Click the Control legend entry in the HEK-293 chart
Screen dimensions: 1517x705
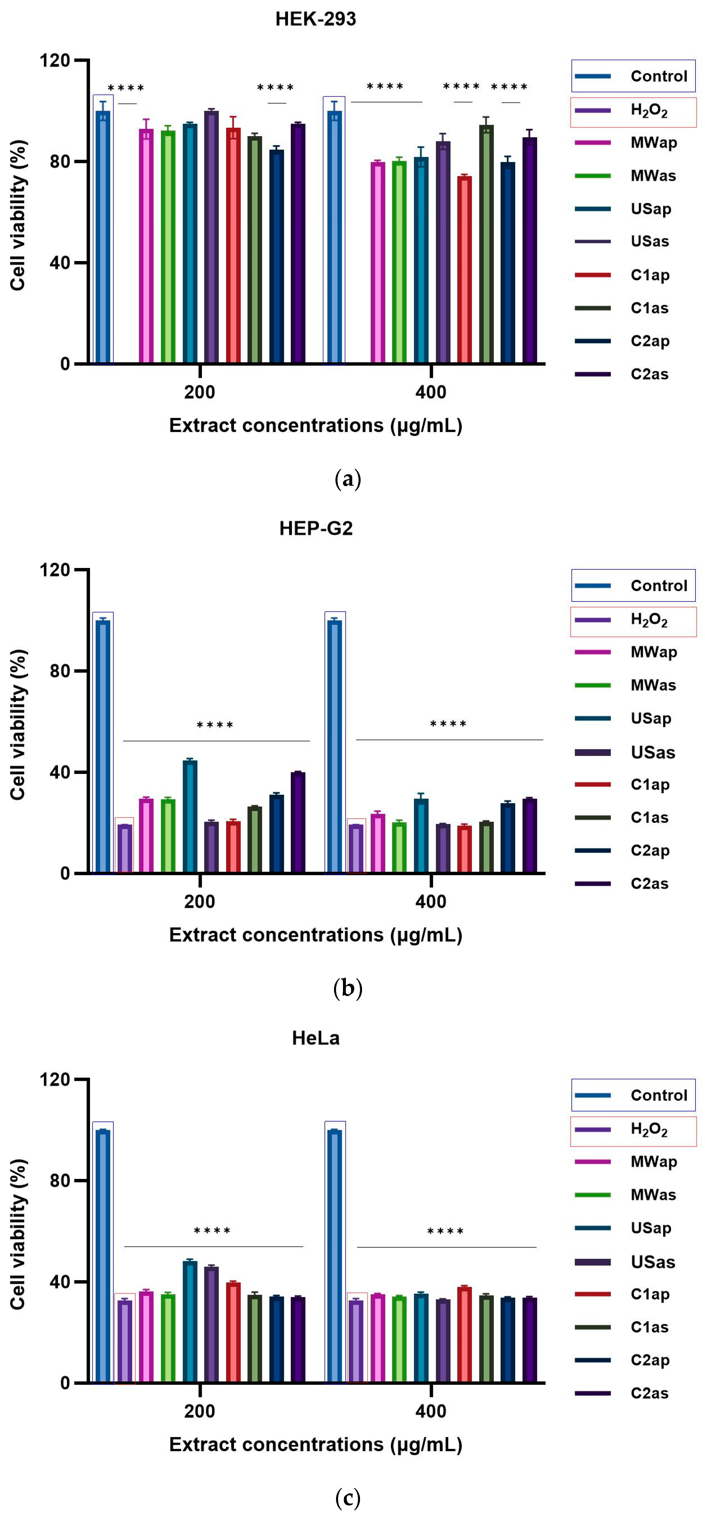633,76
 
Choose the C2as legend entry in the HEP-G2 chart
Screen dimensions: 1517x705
633,883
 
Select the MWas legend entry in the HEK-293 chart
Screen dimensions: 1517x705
633,175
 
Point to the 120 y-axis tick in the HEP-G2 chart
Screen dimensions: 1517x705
54,570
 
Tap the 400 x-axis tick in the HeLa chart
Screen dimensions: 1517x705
431,1411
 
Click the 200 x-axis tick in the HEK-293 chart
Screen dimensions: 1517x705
200,392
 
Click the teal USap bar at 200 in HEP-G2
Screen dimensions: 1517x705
190,816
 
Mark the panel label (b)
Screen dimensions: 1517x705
348,988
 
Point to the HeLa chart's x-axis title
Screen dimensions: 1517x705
316,1445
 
